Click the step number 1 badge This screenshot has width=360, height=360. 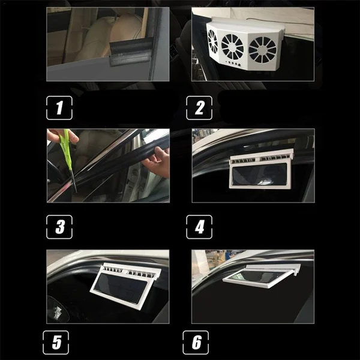coord(59,109)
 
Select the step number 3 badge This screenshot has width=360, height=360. coord(59,227)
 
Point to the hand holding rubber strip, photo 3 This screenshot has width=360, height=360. coord(157,162)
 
